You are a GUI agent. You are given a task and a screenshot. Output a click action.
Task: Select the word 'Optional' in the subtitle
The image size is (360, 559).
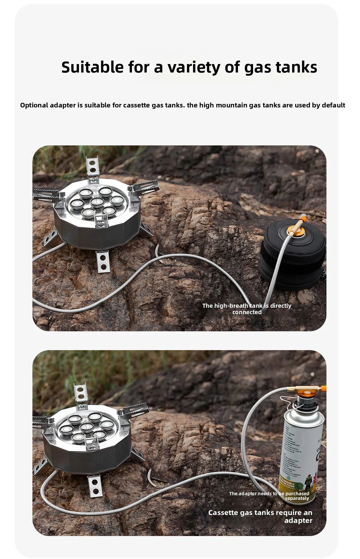(x=34, y=105)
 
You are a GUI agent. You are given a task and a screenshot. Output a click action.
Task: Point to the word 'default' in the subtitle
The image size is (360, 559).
(x=333, y=105)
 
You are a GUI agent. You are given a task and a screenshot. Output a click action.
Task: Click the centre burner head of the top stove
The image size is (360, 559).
(x=97, y=202)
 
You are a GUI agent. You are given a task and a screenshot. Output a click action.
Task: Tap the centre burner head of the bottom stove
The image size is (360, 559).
(x=87, y=427)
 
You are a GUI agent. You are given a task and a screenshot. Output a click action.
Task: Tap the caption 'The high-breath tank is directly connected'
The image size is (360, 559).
(x=247, y=309)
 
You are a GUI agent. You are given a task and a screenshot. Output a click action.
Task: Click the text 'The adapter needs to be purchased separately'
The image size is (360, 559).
(x=269, y=496)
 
